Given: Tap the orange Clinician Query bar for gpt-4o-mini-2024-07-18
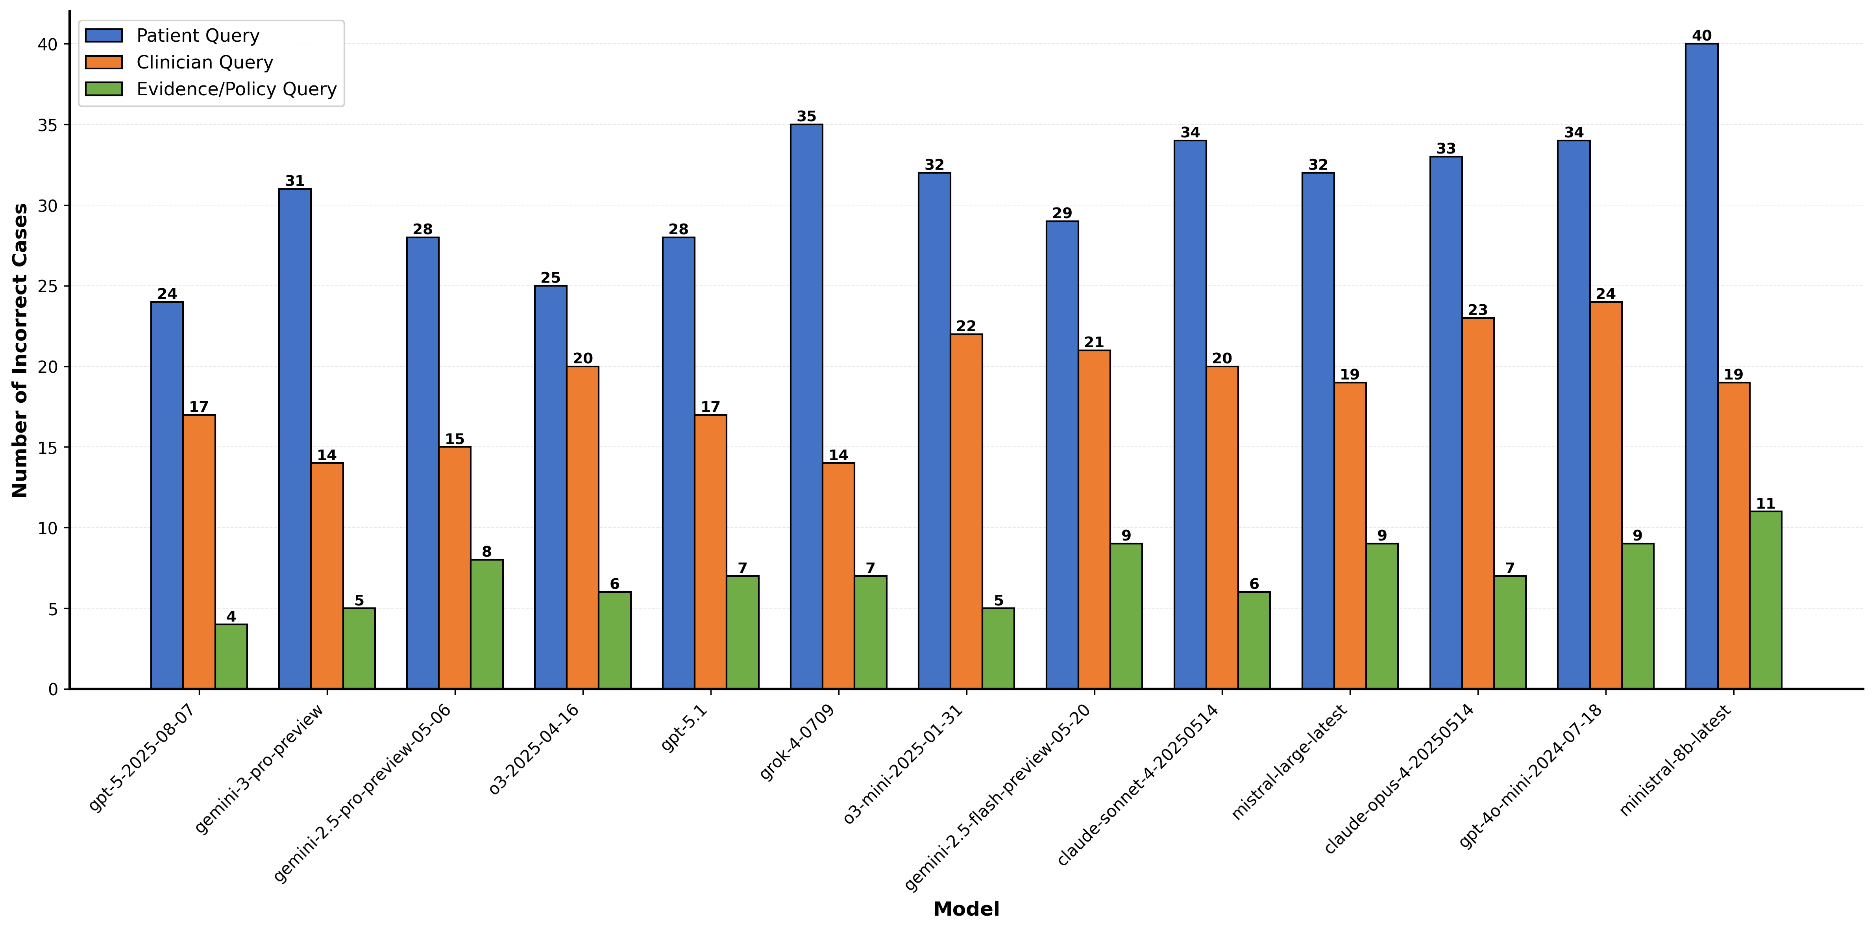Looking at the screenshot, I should pos(1606,495).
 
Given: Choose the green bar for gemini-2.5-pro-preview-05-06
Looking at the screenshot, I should pos(487,624).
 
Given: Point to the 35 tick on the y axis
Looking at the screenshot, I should pos(48,125).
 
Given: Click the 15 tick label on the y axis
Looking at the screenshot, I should pos(48,448).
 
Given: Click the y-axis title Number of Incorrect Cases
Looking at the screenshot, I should pos(20,350).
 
